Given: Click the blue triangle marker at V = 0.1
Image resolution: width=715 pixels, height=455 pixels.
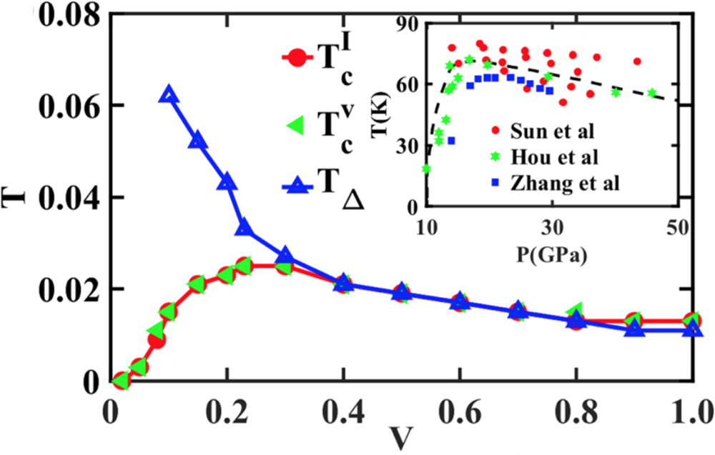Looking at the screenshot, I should point(168,95).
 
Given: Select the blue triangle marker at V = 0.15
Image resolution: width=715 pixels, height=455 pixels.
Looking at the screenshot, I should point(197,141).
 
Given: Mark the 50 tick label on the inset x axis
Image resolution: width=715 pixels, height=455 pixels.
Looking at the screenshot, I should point(676,228).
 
